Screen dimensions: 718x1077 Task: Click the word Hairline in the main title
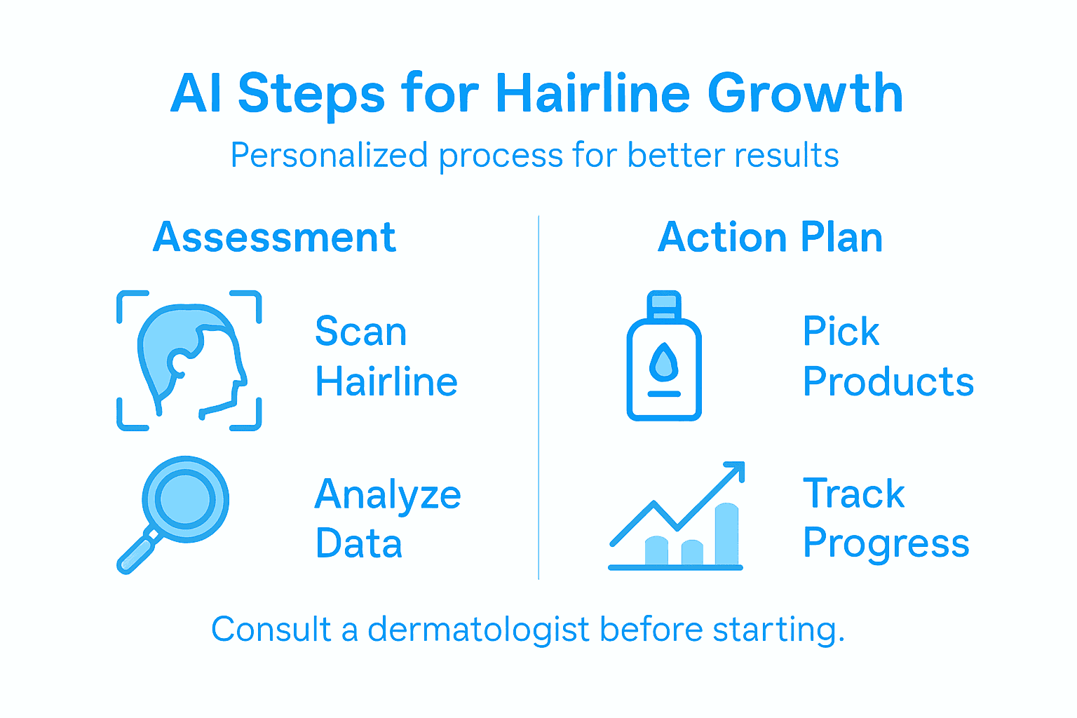coord(593,93)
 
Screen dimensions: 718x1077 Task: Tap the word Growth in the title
coord(805,93)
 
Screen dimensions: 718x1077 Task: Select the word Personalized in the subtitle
coord(329,155)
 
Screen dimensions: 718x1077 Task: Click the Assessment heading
coord(274,237)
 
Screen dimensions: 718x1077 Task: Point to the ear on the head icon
coord(178,363)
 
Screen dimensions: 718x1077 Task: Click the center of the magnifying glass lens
coord(185,499)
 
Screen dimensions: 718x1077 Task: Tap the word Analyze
coord(387,495)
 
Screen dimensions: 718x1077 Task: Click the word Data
coord(358,543)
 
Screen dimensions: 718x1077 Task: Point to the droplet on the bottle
coord(663,362)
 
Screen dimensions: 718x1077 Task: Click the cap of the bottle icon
coord(663,304)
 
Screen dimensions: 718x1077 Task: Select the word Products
coord(888,382)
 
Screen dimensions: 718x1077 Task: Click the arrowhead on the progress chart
coord(735,471)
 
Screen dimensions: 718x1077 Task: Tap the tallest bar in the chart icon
coord(726,534)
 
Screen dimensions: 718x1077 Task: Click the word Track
coord(853,494)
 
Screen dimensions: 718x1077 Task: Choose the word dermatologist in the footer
coord(478,629)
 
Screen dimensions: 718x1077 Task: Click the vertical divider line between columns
coord(538,397)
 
